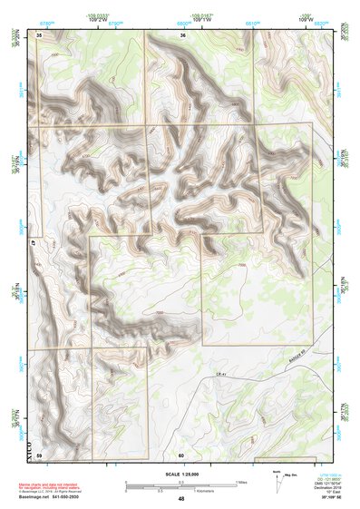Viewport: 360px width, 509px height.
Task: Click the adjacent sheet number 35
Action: pos(39,34)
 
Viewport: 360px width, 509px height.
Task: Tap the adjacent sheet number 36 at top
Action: pos(182,34)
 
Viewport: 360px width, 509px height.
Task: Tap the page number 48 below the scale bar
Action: pos(181,498)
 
